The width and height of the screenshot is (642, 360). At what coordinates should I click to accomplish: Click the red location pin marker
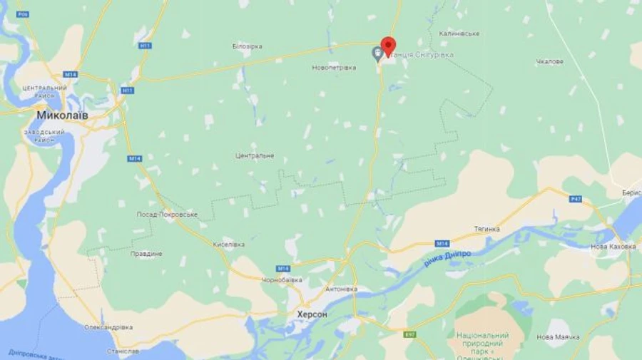pyautogui.click(x=388, y=44)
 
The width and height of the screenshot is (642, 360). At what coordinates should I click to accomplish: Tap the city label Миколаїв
pyautogui.click(x=63, y=114)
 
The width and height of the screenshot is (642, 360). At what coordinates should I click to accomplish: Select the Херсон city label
pyautogui.click(x=312, y=314)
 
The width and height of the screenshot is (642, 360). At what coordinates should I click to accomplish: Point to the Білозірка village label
pyautogui.click(x=247, y=46)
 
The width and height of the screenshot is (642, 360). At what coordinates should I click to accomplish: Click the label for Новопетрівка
pyautogui.click(x=333, y=68)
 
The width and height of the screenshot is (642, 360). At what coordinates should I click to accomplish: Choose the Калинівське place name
pyautogui.click(x=459, y=34)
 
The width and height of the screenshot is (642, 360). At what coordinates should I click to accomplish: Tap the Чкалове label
pyautogui.click(x=549, y=61)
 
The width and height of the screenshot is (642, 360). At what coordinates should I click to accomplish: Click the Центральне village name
pyautogui.click(x=254, y=155)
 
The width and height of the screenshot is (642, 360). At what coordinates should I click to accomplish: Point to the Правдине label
pyautogui.click(x=146, y=253)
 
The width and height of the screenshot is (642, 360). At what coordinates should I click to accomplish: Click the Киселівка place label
pyautogui.click(x=229, y=244)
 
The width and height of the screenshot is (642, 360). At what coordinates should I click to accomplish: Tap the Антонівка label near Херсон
pyautogui.click(x=341, y=289)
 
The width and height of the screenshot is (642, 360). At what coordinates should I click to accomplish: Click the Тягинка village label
pyautogui.click(x=486, y=229)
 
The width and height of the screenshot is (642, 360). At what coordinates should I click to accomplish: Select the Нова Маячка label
pyautogui.click(x=558, y=336)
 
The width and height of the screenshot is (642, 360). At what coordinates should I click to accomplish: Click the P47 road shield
pyautogui.click(x=576, y=198)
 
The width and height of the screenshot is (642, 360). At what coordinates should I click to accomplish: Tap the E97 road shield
pyautogui.click(x=409, y=333)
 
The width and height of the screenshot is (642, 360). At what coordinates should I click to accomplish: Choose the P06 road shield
pyautogui.click(x=23, y=14)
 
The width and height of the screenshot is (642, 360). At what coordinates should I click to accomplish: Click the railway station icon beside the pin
pyautogui.click(x=377, y=53)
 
